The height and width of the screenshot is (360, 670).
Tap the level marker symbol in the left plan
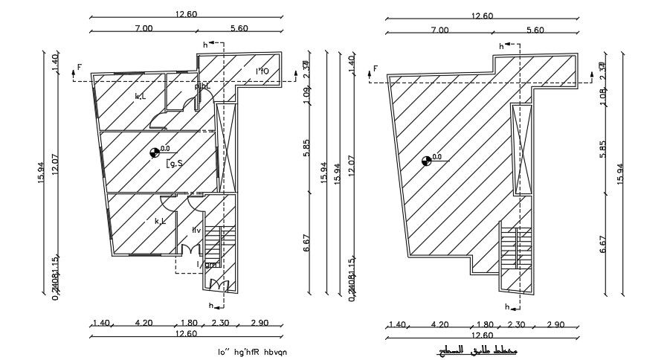155,152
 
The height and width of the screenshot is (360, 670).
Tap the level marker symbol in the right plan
426,160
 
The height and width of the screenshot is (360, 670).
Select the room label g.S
175,163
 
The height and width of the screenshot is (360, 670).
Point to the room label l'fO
262,71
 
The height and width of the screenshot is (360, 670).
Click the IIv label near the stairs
196,230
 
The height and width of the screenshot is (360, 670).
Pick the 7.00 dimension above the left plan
144,28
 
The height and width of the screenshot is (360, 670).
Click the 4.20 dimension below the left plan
144,324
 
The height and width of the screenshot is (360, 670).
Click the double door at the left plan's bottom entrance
220,284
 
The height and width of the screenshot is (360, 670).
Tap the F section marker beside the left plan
80,68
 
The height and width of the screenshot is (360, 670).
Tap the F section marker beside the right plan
376,69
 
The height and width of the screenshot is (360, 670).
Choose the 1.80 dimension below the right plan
485,325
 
